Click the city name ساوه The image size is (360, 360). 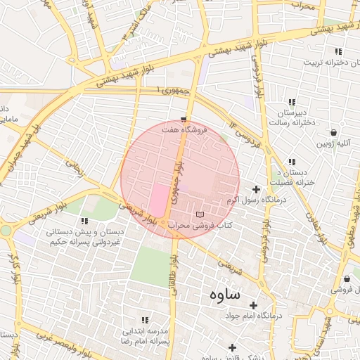[x=224, y=296]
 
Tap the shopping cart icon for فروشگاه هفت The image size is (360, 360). [x=184, y=119]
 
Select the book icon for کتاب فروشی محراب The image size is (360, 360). [x=200, y=214]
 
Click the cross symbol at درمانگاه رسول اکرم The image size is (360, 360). [x=256, y=189]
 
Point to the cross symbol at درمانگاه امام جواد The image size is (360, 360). [x=253, y=305]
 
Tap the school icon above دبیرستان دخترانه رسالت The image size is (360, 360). [x=292, y=102]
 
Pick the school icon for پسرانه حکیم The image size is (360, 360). [x=85, y=221]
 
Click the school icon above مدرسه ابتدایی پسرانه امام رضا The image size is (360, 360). [x=146, y=319]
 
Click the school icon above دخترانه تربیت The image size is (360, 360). [x=338, y=51]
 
